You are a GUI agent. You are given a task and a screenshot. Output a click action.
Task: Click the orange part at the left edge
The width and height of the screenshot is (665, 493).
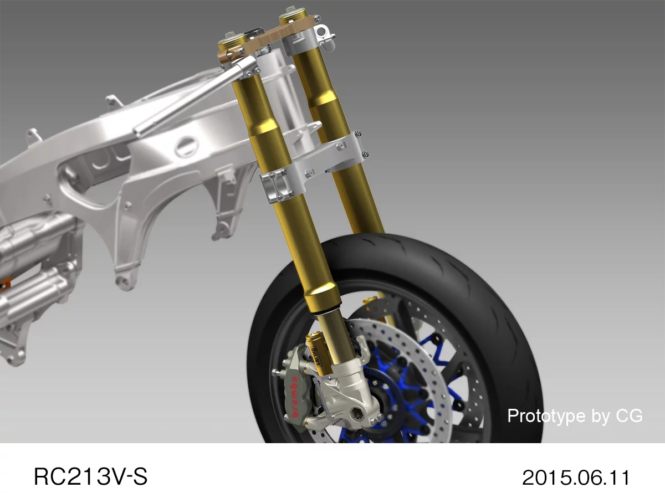[x=4, y=285]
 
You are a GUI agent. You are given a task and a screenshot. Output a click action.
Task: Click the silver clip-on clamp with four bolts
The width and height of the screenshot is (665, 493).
[x=276, y=186]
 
